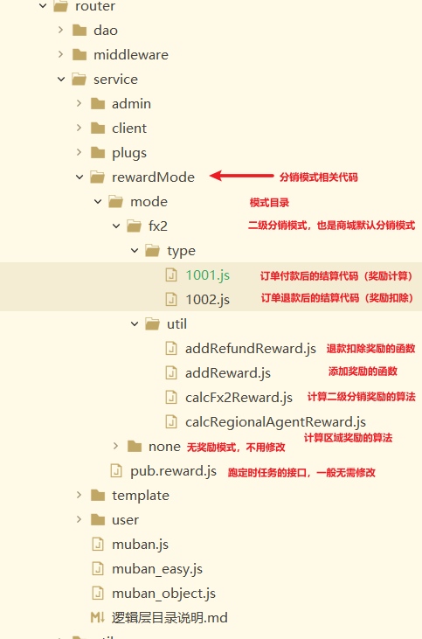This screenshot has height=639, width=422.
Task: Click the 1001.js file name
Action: coord(207,275)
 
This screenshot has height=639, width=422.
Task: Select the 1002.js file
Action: coord(207,300)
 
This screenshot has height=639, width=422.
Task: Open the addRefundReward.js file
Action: coord(251,349)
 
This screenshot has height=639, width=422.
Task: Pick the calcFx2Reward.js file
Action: coord(239,398)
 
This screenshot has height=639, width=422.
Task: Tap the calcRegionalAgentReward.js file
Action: coord(275,422)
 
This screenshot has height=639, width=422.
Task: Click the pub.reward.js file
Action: coord(173,471)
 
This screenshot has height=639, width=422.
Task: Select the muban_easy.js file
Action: coord(157,569)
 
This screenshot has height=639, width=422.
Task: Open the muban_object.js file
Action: coord(163,594)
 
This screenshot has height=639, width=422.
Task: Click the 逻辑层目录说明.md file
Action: coord(169,618)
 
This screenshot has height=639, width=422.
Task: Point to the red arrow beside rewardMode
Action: coord(241,176)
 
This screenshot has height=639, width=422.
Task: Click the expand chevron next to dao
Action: coord(60,30)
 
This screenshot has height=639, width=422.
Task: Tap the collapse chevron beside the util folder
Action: coord(135,324)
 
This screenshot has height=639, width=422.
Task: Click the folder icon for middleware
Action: coord(80,54)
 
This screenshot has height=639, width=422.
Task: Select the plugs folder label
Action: coord(129,153)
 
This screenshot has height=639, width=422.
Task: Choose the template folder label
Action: coord(141,496)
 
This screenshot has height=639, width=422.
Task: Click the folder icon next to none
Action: coord(135,446)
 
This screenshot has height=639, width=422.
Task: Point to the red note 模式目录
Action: coord(269,203)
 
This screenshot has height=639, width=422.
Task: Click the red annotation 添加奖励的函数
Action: coord(363,372)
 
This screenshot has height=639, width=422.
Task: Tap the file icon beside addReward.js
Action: coord(171,373)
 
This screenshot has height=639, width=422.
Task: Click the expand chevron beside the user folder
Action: coord(79,519)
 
